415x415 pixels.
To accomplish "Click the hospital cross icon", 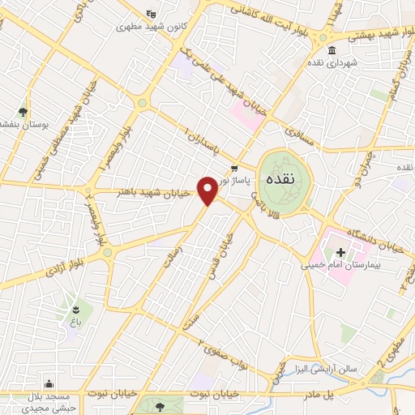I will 340,252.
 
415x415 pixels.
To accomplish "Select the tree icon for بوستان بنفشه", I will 23,112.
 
